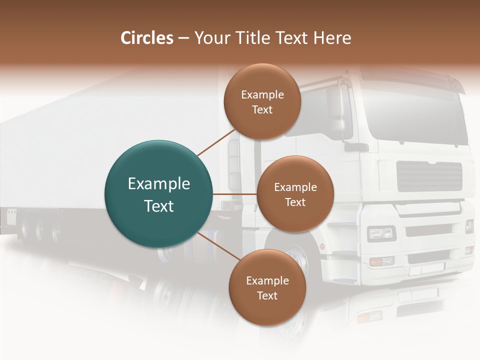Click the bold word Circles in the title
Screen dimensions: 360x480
(x=146, y=38)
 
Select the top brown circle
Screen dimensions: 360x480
(x=262, y=101)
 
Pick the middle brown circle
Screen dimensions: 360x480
(x=295, y=194)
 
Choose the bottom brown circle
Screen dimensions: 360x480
(x=267, y=287)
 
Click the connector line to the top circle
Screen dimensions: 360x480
(x=215, y=142)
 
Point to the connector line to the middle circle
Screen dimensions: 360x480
(x=234, y=194)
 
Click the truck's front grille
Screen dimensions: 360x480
(x=429, y=175)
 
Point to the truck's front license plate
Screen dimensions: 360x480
(x=425, y=270)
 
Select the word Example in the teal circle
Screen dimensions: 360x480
(x=159, y=184)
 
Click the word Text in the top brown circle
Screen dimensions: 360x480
(x=262, y=110)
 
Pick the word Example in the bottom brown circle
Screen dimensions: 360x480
(x=267, y=280)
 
